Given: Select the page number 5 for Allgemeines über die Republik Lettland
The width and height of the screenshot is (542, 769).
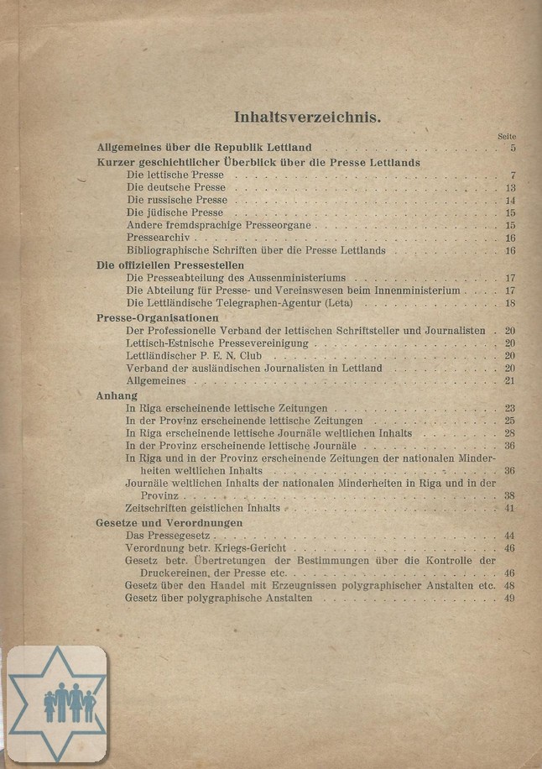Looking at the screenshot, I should click(511, 149).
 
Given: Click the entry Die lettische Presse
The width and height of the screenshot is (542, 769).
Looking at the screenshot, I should click(175, 175).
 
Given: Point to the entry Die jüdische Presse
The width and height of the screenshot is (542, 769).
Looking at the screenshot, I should click(175, 213).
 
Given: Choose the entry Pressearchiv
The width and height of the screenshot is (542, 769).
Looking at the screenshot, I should click(161, 238).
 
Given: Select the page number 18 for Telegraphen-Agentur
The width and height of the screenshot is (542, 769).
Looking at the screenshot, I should click(509, 302).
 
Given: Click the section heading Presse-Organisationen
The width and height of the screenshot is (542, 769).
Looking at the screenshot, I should click(158, 318).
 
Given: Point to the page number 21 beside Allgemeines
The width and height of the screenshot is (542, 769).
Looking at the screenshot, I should click(509, 381).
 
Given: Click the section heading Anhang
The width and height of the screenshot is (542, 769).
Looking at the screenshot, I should click(117, 395).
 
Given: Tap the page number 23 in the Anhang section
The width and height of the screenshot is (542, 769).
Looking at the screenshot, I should click(509, 408).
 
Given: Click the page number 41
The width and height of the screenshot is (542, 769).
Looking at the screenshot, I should click(509, 509).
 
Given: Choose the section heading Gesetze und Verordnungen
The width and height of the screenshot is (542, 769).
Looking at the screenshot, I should click(169, 522).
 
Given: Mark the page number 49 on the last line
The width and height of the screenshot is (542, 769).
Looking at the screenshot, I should click(509, 599).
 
